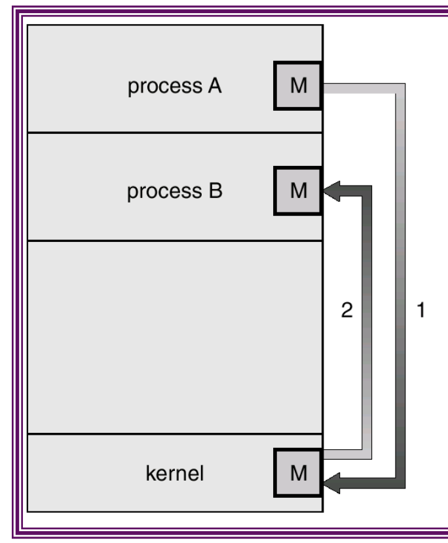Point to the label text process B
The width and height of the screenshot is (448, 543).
pos(174,191)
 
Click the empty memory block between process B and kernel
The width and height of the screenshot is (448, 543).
pos(174,336)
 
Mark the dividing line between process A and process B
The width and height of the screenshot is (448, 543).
pos(174,133)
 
